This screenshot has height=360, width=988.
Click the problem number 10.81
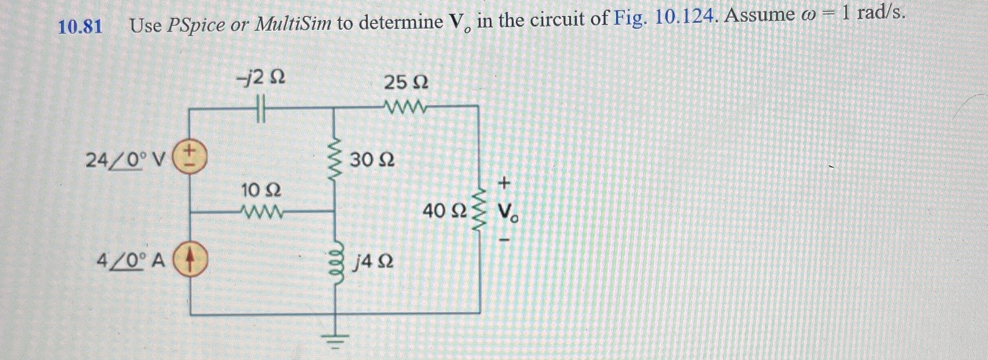(80, 27)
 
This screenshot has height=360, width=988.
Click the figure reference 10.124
(685, 17)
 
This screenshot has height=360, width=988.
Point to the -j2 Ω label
(261, 78)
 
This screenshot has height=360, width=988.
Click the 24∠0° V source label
(126, 161)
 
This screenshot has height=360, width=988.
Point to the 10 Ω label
(261, 190)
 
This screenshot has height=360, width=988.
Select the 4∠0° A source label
(131, 262)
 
